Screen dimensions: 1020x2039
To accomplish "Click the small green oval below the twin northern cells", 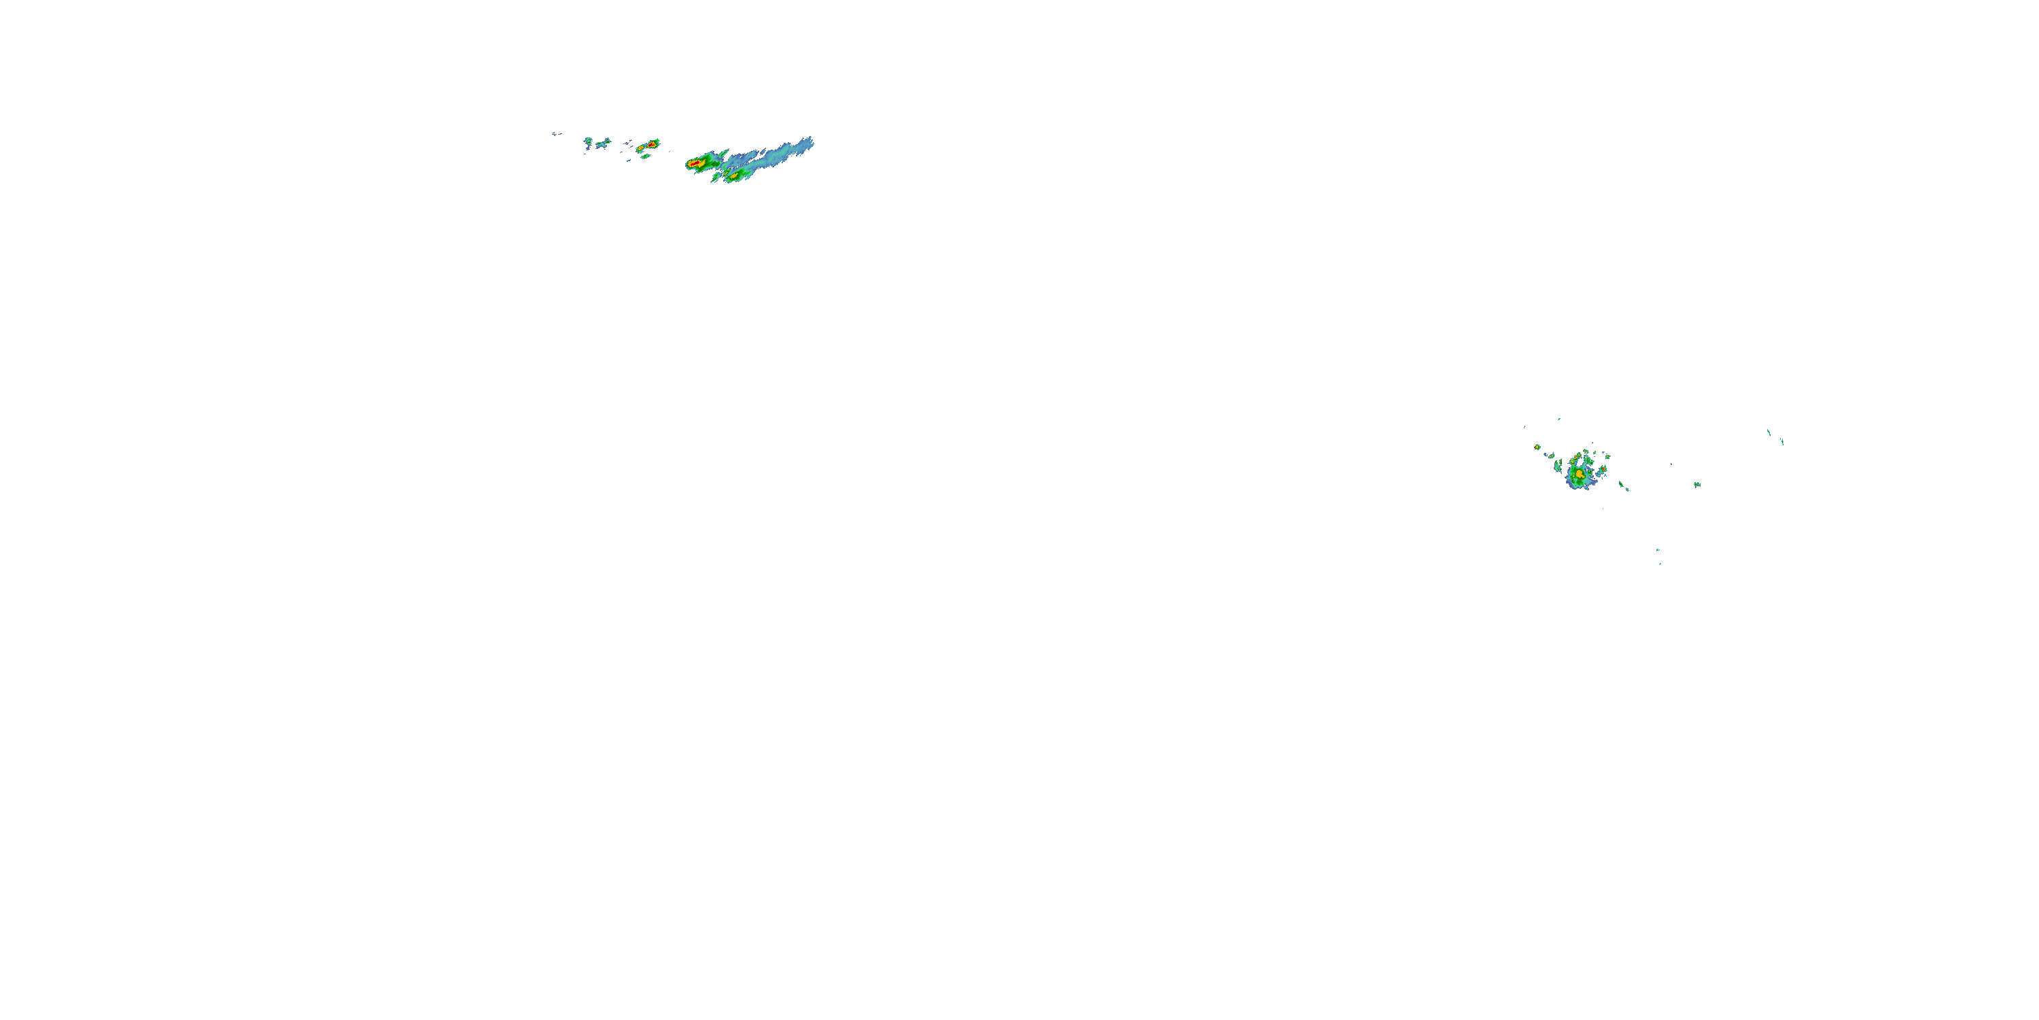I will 646,156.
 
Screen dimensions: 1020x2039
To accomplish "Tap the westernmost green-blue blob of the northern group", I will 588,141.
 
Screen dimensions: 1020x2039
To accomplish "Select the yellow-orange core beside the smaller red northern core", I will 642,148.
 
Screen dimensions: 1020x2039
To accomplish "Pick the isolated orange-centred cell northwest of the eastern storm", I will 1537,447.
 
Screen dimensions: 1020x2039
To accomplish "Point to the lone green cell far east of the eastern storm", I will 1696,484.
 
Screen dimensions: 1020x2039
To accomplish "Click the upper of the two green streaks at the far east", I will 1768,432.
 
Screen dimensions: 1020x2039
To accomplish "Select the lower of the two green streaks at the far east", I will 1782,441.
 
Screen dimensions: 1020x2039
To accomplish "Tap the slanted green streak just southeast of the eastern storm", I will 1621,484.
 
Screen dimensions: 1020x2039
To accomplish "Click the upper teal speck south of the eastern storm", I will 1657,550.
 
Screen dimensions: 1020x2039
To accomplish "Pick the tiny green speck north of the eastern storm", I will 1559,420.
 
